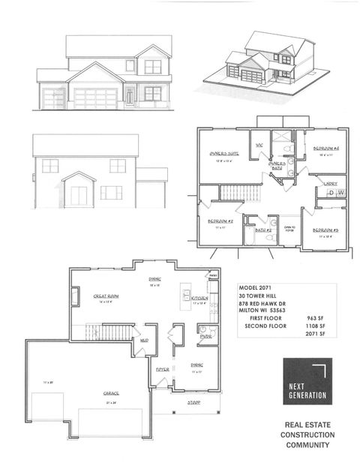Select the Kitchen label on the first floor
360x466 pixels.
coord(199,299)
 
